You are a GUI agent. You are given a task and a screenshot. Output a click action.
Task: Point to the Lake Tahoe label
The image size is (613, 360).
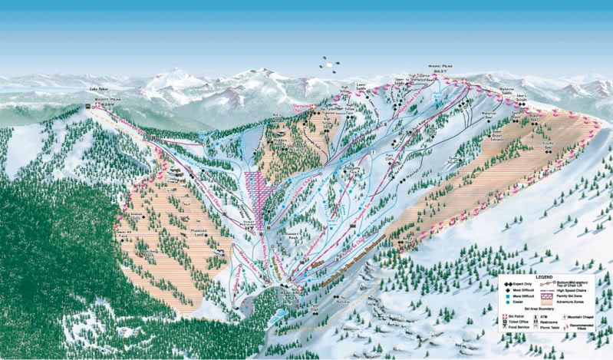100,89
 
